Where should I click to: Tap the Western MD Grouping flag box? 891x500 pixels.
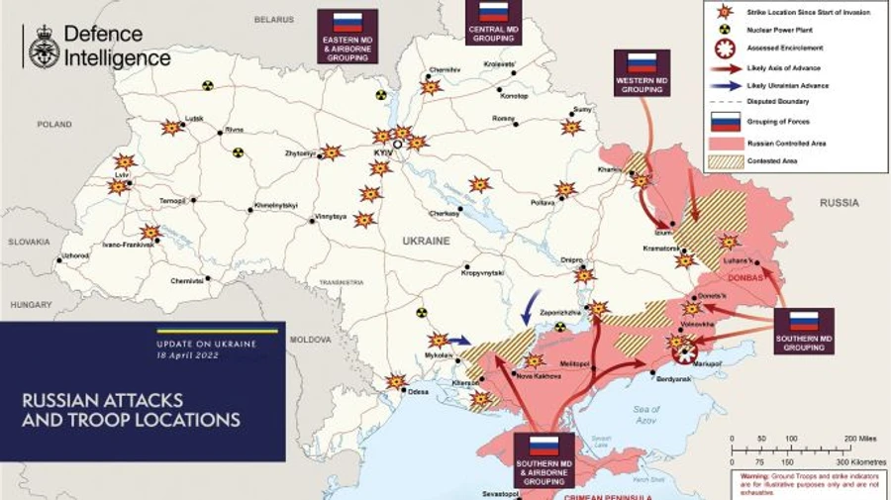coord(642,72)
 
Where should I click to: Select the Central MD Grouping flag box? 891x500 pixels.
coord(493,22)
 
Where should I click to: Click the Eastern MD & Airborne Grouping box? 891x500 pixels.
coord(346,37)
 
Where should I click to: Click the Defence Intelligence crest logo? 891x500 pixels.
coord(43,48)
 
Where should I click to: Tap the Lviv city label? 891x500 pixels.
coord(122,174)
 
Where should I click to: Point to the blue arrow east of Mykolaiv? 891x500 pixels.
coord(459,340)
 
